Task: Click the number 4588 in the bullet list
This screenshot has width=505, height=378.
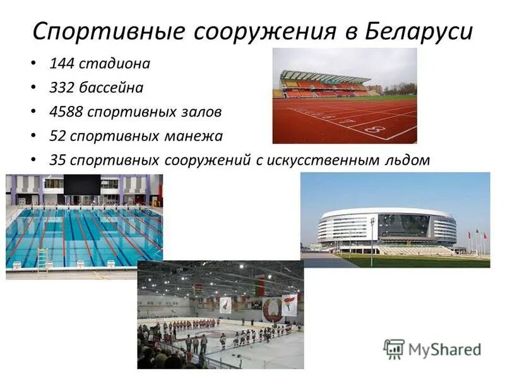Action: (x=66, y=112)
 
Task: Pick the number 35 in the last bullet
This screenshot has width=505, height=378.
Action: (x=57, y=160)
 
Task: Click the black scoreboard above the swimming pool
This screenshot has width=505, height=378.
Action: (x=81, y=185)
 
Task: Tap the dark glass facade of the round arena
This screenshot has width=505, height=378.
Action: (x=403, y=225)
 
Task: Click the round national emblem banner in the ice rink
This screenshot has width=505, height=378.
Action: (x=273, y=308)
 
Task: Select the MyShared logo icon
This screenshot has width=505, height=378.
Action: (x=394, y=348)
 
